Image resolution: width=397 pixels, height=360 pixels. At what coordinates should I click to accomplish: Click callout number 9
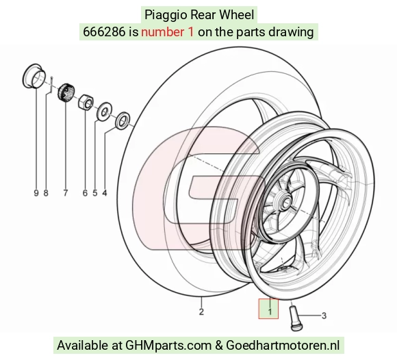(36, 193)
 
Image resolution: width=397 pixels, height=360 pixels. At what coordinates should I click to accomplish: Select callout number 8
(46, 193)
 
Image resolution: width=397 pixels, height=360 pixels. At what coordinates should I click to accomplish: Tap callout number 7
(66, 193)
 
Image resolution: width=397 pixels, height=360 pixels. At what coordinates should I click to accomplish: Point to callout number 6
(85, 193)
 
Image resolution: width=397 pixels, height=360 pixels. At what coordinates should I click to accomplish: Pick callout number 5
(95, 193)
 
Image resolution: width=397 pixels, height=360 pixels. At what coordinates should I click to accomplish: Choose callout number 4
(105, 193)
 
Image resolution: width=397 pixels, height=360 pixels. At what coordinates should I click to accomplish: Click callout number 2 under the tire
(201, 311)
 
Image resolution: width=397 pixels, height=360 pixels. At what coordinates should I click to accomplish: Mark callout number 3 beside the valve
(324, 316)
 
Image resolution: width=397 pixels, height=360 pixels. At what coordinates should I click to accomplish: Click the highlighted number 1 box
(268, 309)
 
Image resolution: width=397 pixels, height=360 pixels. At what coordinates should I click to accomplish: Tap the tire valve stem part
(295, 318)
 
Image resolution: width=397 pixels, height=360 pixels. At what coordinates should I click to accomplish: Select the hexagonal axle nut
(86, 102)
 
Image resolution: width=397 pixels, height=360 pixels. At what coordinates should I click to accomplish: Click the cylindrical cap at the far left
(34, 76)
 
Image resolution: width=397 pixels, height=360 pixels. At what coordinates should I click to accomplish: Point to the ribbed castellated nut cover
(66, 92)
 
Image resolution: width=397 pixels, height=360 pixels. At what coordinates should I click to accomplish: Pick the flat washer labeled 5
(104, 112)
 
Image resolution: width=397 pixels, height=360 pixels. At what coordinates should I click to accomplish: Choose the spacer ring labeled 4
(123, 120)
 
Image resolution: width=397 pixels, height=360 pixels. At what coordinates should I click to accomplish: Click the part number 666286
(104, 32)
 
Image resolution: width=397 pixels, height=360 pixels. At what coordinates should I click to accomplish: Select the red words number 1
(168, 32)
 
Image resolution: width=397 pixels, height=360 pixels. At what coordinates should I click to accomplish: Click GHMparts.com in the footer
(168, 346)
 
